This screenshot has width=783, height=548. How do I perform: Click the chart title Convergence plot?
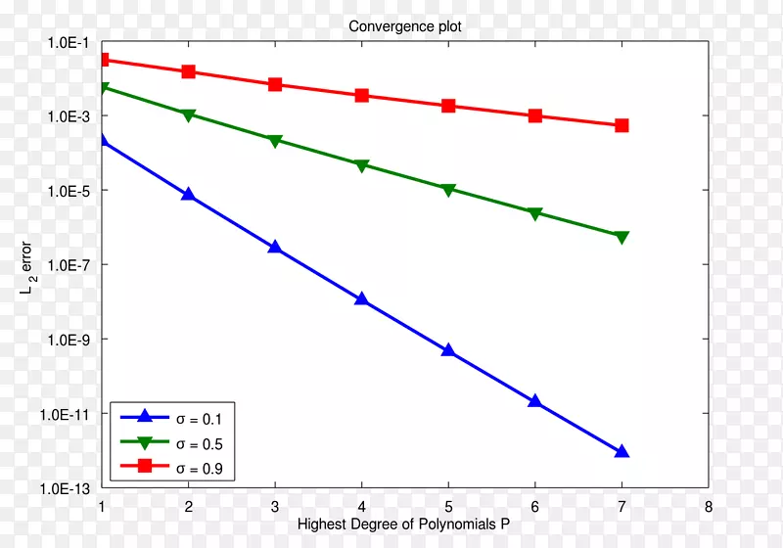coord(405,26)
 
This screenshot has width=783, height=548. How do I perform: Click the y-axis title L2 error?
coord(26,264)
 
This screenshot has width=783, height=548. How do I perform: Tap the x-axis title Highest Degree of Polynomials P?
coord(403,524)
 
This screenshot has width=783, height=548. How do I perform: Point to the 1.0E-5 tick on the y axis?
coord(66,191)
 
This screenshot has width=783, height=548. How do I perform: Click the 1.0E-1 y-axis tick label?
coord(66,42)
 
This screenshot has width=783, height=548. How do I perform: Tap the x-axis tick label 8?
coord(708,507)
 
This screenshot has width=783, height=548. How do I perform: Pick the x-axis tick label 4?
coord(361,507)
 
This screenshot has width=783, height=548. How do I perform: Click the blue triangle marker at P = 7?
coord(622,451)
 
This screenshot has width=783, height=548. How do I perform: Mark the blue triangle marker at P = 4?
coord(361,298)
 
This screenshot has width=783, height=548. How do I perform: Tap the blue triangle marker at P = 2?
coord(188,194)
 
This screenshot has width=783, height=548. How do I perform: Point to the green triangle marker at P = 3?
coord(275,141)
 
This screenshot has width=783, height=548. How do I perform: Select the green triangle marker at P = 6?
coord(534,213)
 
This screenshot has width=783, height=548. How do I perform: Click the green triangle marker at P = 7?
coord(622,237)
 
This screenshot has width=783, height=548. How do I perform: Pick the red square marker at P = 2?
coord(188,71)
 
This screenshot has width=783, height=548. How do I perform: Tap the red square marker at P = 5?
coord(448,106)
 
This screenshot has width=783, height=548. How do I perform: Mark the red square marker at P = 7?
coord(622,125)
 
